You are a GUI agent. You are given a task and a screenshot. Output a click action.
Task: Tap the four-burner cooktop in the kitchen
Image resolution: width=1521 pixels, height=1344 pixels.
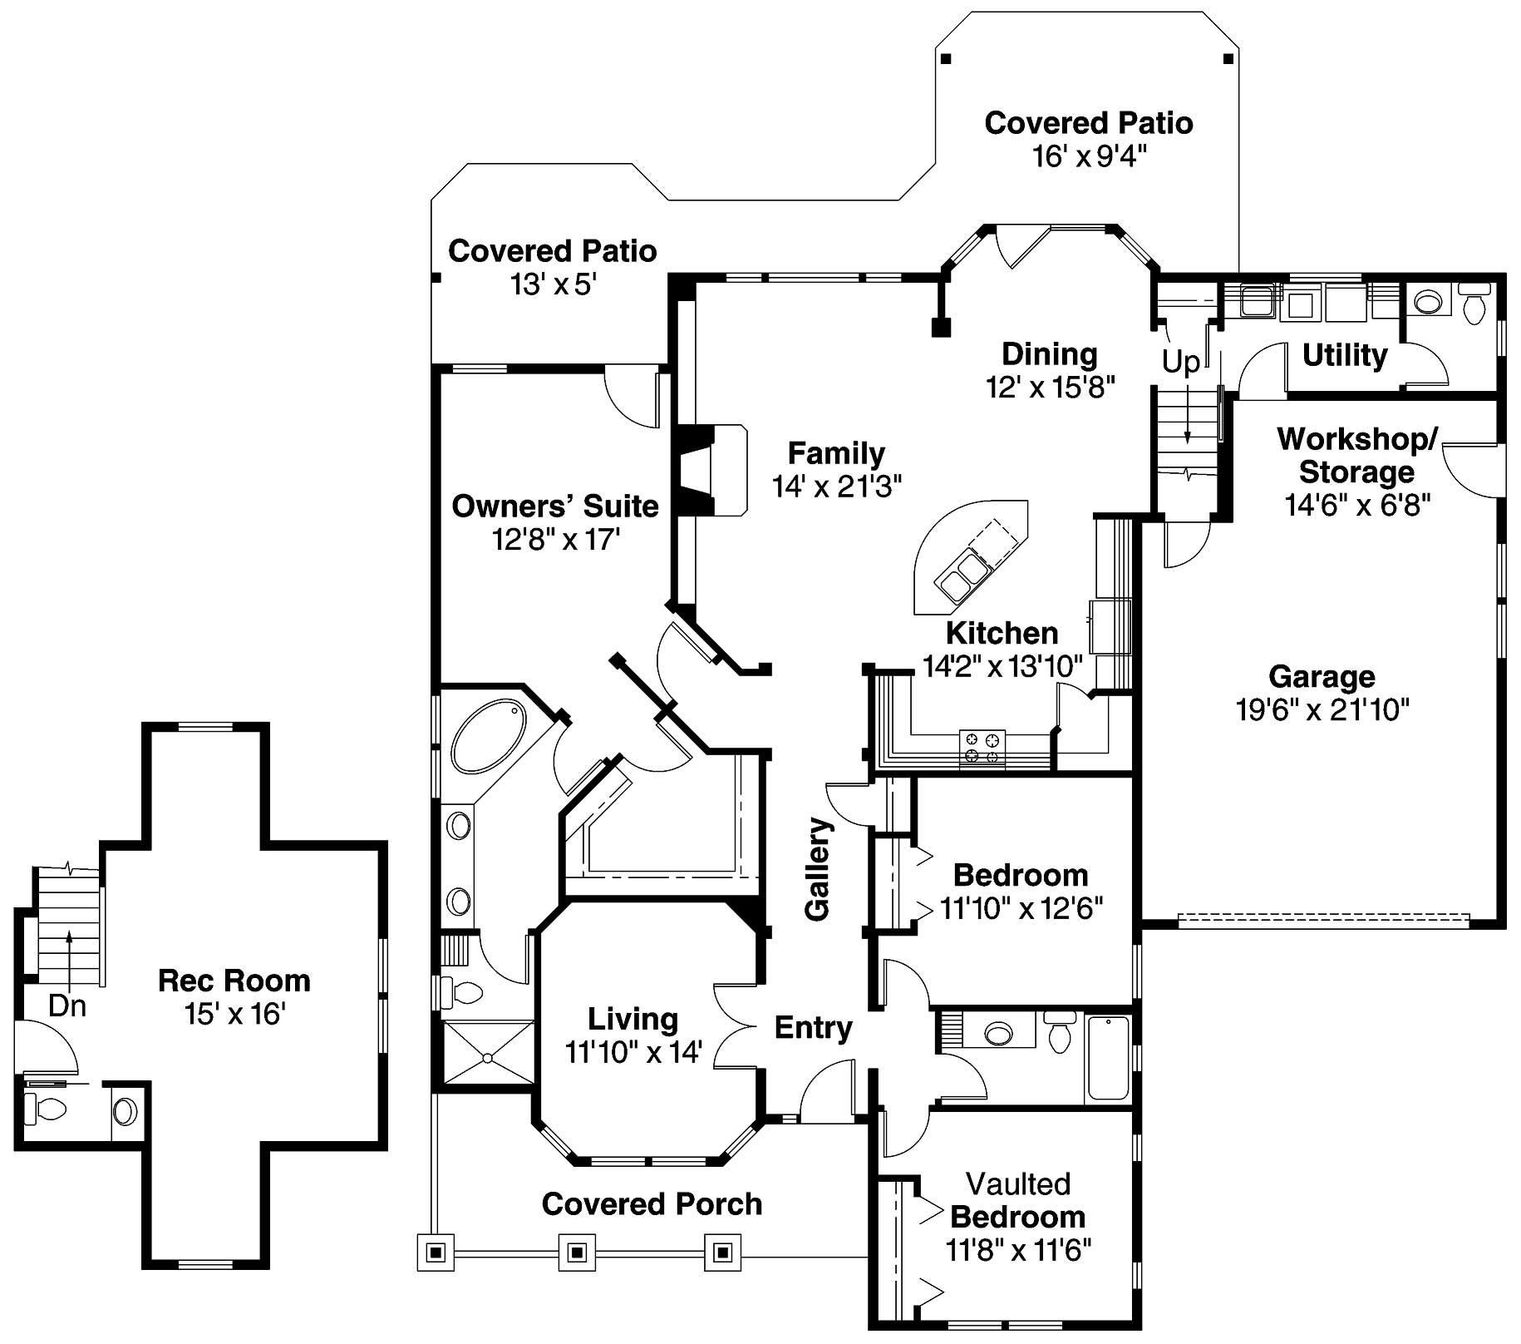click(982, 747)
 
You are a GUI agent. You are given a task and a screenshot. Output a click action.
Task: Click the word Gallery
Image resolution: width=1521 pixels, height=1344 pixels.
click(819, 868)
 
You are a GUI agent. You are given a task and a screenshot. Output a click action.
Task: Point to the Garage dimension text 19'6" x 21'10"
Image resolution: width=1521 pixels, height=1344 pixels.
click(1322, 710)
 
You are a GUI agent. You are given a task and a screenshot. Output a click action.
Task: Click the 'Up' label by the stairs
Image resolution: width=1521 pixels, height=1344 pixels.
click(1180, 362)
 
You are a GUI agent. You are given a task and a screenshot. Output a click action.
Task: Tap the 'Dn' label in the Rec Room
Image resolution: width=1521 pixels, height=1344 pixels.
click(67, 1006)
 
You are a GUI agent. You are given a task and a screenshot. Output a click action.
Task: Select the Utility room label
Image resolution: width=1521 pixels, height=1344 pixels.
click(1344, 355)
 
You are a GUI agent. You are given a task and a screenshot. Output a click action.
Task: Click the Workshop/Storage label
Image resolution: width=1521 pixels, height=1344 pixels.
click(1356, 455)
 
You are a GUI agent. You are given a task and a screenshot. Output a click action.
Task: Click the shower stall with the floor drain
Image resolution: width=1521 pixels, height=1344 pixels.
click(487, 1052)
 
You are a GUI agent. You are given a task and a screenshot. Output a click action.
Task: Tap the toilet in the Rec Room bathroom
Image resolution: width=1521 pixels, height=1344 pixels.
click(46, 1108)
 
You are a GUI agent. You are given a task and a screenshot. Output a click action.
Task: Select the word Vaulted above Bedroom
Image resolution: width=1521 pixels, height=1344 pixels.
click(1017, 1183)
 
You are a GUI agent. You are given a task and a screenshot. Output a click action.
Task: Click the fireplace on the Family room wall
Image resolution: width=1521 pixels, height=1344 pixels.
click(706, 471)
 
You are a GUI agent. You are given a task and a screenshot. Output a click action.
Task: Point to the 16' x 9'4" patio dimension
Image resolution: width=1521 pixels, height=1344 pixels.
click(1089, 156)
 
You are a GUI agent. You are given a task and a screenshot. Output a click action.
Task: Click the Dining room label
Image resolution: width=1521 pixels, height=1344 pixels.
click(1049, 354)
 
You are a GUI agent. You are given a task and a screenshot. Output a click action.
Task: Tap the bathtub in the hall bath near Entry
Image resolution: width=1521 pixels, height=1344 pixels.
click(1108, 1058)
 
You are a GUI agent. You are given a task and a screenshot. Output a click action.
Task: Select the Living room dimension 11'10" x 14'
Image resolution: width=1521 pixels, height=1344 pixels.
click(633, 1053)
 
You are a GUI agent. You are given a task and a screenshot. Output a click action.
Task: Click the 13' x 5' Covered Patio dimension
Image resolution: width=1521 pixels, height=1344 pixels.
click(554, 285)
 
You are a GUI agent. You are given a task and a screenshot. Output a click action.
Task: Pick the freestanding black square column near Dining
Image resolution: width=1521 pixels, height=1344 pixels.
click(940, 327)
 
